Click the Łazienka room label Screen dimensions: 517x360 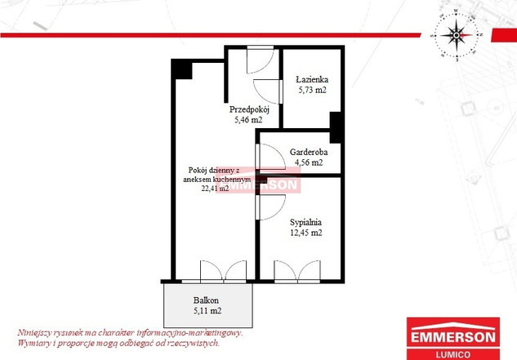click(x=312, y=79)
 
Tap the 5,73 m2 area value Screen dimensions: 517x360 click(x=313, y=90)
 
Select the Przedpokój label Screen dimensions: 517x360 click(x=249, y=109)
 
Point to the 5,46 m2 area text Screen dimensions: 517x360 click(x=248, y=120)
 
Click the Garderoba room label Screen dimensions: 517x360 click(x=309, y=152)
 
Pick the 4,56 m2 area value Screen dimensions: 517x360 click(x=309, y=162)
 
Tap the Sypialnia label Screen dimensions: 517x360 click(x=305, y=222)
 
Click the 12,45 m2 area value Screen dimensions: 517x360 click(x=306, y=233)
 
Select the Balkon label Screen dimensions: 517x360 click(x=206, y=300)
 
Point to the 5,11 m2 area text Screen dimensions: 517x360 click(x=207, y=310)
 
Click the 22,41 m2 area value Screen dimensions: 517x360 click(x=215, y=189)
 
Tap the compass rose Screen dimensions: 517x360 click(x=457, y=35)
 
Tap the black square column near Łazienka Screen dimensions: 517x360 click(x=336, y=127)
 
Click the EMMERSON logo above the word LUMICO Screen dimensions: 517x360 click(x=453, y=332)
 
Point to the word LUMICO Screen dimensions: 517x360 click(x=453, y=354)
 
